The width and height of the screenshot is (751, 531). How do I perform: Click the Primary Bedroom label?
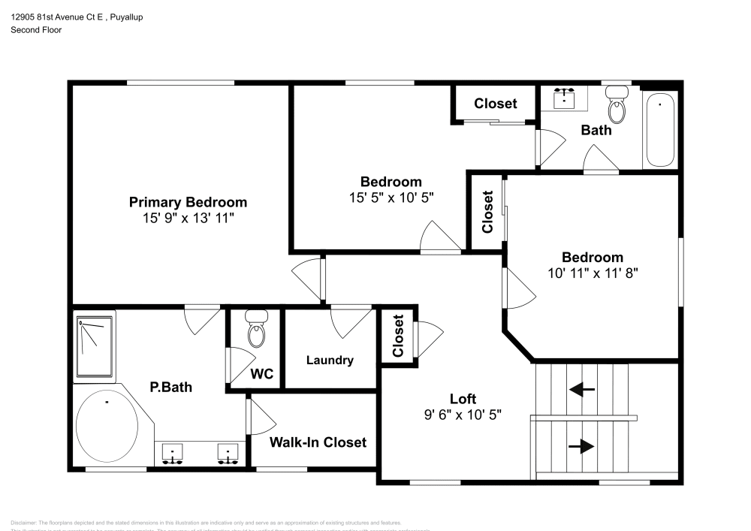tap(188, 202)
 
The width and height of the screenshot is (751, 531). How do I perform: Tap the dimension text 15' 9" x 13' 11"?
tap(188, 218)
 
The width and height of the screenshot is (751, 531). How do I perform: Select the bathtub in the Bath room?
tap(660, 129)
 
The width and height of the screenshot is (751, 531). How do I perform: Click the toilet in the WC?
tap(256, 331)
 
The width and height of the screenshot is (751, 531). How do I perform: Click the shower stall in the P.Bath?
tap(95, 348)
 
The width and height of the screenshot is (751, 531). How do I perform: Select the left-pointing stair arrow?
tap(581, 389)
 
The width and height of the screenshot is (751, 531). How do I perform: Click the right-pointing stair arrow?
tap(581, 446)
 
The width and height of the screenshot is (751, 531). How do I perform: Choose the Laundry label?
tap(330, 361)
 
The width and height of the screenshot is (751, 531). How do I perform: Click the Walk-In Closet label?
tap(318, 442)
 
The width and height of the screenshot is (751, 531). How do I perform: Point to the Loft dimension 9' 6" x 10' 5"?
tap(463, 414)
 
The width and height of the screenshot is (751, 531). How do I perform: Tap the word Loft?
tap(463, 399)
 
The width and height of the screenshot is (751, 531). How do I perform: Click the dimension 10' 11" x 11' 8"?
tap(593, 273)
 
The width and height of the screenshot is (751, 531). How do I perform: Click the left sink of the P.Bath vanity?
tap(173, 454)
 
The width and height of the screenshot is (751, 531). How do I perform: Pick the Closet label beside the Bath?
tap(496, 103)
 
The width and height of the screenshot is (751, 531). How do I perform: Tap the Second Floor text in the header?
tap(36, 30)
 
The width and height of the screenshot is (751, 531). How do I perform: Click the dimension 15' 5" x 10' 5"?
tap(391, 198)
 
